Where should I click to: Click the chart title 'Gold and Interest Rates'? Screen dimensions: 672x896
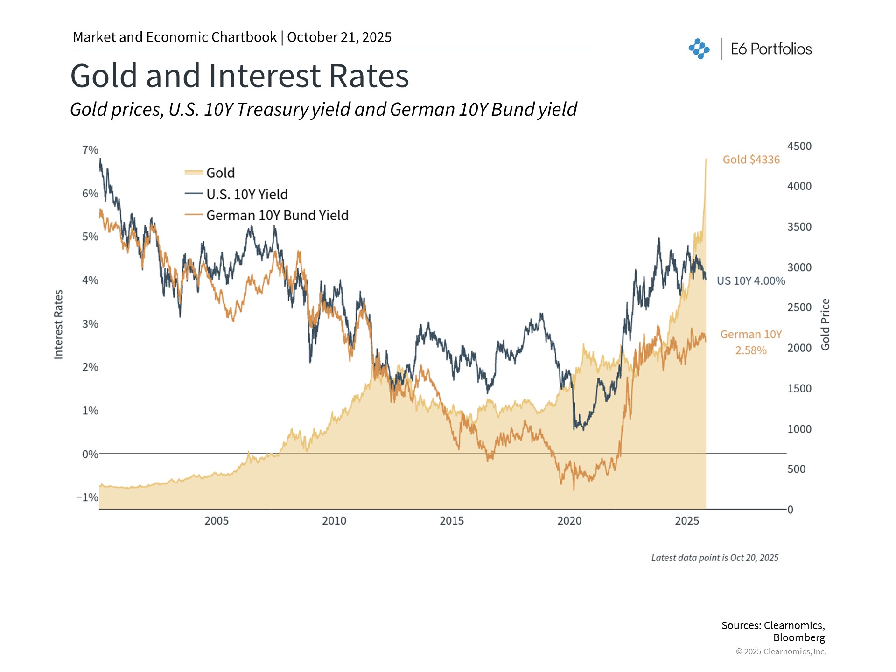click(239, 76)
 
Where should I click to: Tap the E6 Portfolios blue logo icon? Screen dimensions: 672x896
click(699, 49)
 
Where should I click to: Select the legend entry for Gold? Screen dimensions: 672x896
click(220, 173)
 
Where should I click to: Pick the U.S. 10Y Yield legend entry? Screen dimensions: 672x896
click(246, 194)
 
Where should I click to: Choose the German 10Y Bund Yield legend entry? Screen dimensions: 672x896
click(277, 215)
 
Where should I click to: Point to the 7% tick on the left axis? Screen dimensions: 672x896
click(90, 150)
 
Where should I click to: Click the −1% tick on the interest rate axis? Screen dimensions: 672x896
click(87, 497)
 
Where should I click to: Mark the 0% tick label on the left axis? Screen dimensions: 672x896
click(90, 454)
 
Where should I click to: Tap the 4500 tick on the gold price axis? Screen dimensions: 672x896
click(799, 146)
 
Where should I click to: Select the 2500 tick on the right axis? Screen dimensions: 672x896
click(799, 308)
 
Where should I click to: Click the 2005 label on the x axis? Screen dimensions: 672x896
click(217, 521)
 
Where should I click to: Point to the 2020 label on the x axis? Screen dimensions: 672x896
click(569, 521)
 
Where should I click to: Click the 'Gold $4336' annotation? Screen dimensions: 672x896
click(751, 160)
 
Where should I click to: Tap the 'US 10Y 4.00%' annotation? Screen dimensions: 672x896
click(751, 281)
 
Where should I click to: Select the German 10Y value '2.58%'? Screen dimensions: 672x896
click(751, 350)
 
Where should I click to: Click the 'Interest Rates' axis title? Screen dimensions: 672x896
click(58, 324)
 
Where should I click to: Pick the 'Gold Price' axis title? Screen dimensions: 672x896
click(825, 324)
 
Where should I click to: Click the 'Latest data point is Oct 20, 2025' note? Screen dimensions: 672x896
click(714, 558)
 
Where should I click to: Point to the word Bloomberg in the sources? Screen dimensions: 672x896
click(799, 637)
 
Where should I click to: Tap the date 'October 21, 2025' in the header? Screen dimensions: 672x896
click(339, 37)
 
